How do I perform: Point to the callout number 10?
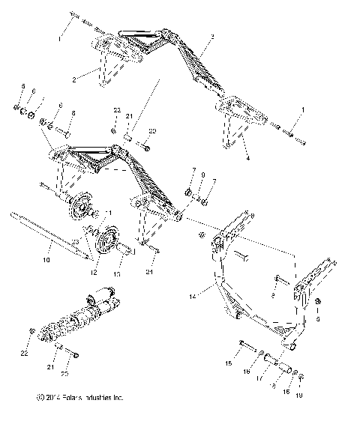(46, 259)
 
